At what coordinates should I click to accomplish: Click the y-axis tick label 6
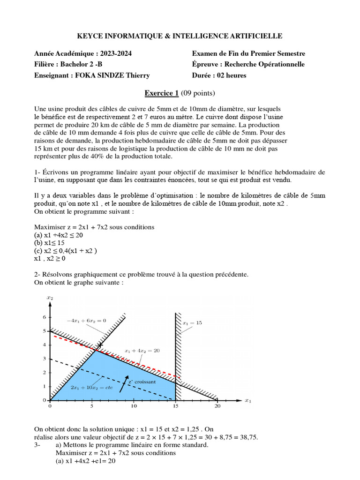45,317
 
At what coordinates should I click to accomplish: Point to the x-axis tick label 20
217,407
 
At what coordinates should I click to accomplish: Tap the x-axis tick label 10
134,407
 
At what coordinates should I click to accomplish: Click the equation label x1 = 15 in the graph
192,323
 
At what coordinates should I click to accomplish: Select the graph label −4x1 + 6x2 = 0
87,320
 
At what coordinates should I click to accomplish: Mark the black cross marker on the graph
100,345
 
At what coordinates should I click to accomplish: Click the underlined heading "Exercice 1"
161,93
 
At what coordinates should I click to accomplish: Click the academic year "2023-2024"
116,53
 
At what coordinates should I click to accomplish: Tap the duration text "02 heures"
230,75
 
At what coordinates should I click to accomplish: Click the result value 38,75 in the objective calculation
248,437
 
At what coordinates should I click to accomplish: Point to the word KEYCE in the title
90,36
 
